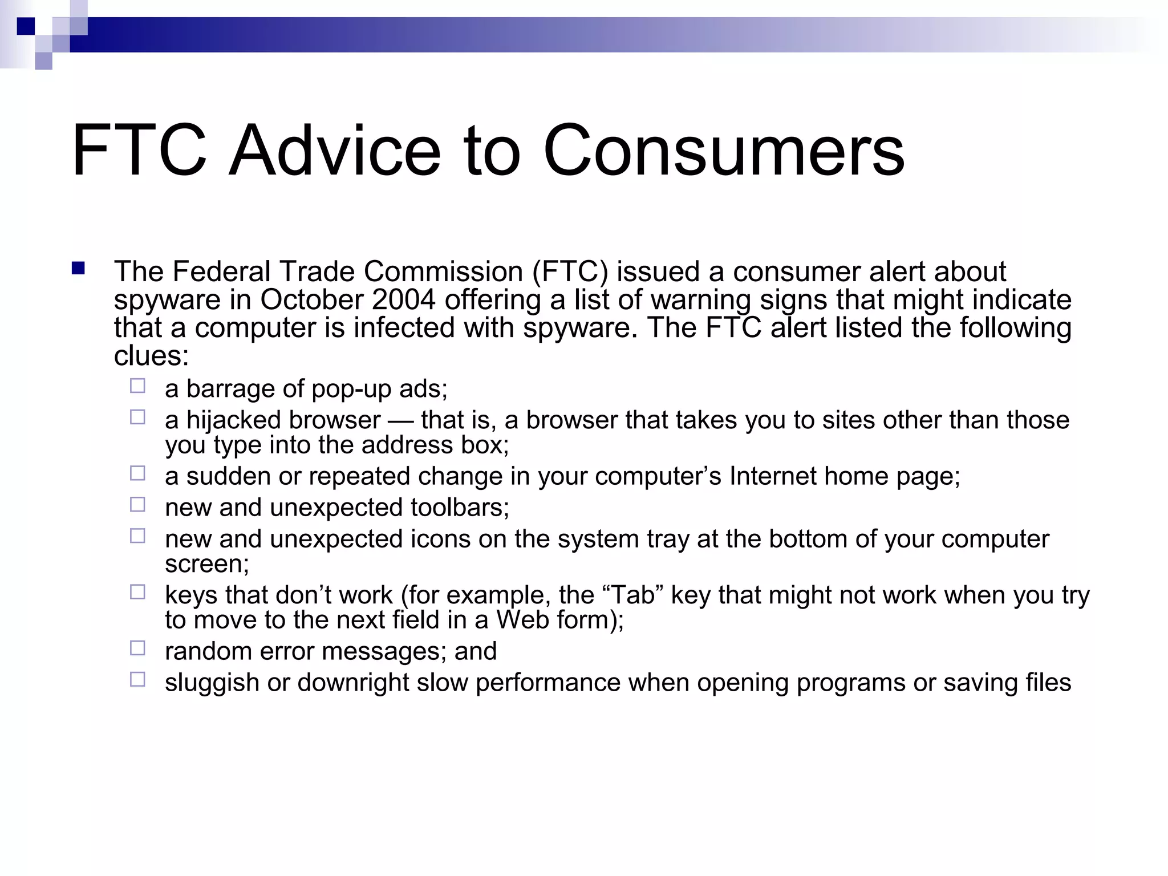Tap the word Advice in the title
pyautogui.click(x=335, y=151)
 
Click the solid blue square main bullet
pyautogui.click(x=78, y=269)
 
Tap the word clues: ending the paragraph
pyautogui.click(x=151, y=356)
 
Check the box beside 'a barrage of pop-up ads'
pyautogui.click(x=137, y=386)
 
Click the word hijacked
pyautogui.click(x=233, y=420)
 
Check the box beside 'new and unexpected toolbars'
pyautogui.click(x=137, y=505)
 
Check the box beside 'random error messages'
pyautogui.click(x=137, y=648)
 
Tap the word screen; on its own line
pyautogui.click(x=206, y=564)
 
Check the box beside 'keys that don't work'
pyautogui.click(x=137, y=592)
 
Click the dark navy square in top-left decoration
pyautogui.click(x=26, y=26)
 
